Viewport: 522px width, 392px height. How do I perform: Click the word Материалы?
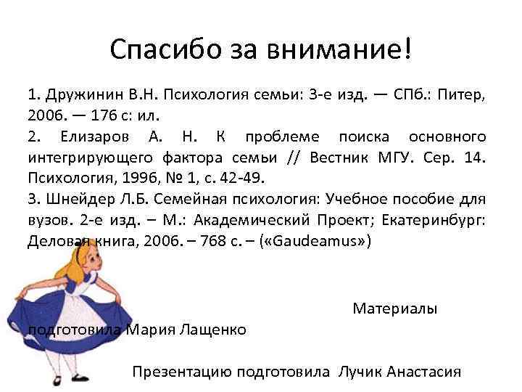pyautogui.click(x=394, y=309)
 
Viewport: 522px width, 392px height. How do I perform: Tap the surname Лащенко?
pyautogui.click(x=210, y=330)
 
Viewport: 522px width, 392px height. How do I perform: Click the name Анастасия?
pyautogui.click(x=424, y=372)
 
